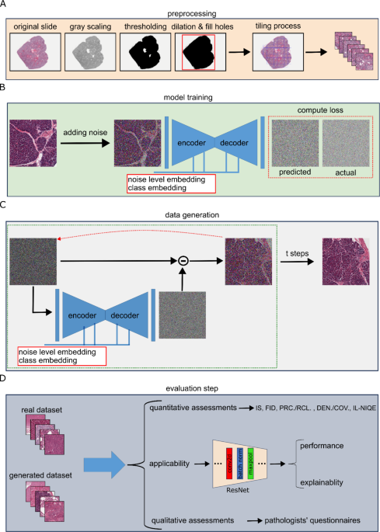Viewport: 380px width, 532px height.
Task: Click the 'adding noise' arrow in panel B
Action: tap(85, 142)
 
